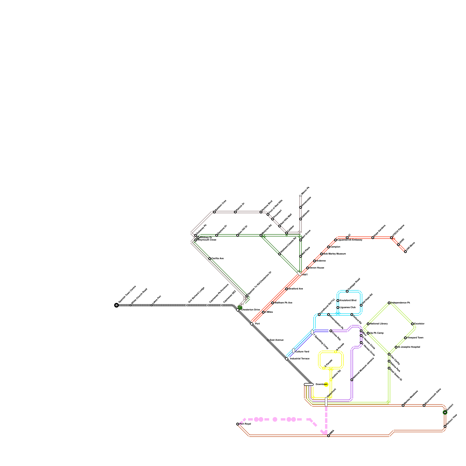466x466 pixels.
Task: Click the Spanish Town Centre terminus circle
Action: [116, 305]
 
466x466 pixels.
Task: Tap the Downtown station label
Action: [322, 384]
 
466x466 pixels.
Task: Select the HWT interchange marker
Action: [299, 274]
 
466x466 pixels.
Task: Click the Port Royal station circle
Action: [238, 424]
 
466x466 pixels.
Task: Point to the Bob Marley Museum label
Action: [335, 254]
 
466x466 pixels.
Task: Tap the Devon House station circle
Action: [308, 268]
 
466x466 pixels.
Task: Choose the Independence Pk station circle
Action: [389, 303]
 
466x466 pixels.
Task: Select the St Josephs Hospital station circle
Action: [396, 347]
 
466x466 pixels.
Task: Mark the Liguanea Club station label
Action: [348, 308]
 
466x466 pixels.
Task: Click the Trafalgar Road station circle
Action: [347, 291]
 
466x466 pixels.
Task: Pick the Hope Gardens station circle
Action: [373, 238]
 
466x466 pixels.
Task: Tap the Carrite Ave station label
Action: [218, 259]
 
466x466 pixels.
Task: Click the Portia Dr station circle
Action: [235, 212]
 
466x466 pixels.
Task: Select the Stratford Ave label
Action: [296, 289]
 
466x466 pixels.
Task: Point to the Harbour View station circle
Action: [445, 426]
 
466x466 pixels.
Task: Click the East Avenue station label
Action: [276, 340]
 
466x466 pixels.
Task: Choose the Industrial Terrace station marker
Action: [287, 359]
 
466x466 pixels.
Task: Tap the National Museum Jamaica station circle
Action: [352, 380]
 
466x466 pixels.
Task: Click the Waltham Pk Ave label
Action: [283, 303]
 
